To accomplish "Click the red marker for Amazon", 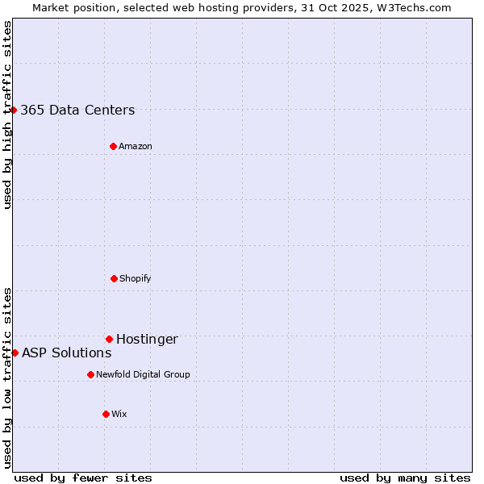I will point(113,146).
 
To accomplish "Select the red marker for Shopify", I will point(114,278).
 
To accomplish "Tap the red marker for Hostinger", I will point(109,339).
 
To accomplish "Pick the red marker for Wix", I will point(106,414).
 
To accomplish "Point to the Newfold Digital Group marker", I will point(90,374).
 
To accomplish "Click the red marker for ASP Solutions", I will point(15,353).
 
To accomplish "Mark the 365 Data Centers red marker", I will point(13,110).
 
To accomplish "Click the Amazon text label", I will point(136,147).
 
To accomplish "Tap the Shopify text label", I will point(136,279).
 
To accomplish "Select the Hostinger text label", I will point(147,340).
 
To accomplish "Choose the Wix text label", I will point(119,415).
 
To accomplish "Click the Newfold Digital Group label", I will point(143,375).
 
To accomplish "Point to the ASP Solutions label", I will point(66,353).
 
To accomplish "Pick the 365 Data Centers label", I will point(77,111).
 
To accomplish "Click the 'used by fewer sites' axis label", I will point(83,478).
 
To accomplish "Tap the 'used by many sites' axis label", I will point(405,478).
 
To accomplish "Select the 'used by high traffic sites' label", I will point(7,115).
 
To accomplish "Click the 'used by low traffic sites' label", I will point(7,378).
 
